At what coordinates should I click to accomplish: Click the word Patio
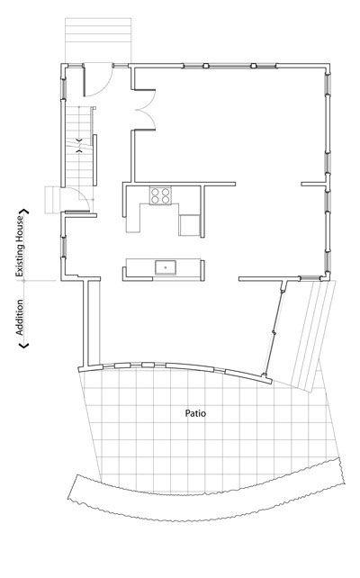(195, 413)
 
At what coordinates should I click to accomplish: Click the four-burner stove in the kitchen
(160, 195)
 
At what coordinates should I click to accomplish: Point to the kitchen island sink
(166, 266)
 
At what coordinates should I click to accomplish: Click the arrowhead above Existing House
(24, 212)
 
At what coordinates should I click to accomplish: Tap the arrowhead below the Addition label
(23, 345)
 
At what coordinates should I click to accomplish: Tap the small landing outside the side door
(53, 200)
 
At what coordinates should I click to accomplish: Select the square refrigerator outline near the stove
(189, 225)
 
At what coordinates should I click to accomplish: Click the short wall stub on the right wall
(314, 184)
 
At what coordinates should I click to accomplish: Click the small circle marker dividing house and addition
(24, 281)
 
